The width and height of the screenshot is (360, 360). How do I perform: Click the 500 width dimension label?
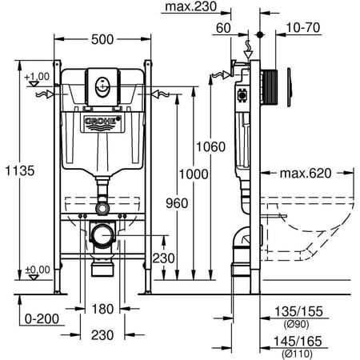(x=102, y=40)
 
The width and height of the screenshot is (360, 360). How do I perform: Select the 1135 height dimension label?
(x=20, y=170)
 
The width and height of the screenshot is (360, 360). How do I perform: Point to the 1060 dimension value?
(x=211, y=147)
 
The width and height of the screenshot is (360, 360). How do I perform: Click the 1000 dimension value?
(x=194, y=174)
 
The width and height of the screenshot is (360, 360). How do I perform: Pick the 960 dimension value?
(x=177, y=203)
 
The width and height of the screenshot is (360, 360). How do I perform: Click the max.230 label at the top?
(x=190, y=6)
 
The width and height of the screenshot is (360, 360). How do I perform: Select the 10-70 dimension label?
(x=303, y=28)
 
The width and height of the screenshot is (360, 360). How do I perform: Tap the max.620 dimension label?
(x=306, y=174)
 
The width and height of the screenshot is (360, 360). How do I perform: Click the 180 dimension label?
(x=102, y=310)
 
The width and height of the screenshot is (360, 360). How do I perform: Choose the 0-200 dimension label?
(x=42, y=319)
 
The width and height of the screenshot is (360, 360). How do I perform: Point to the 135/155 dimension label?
(x=298, y=311)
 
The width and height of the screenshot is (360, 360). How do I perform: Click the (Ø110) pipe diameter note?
(x=297, y=354)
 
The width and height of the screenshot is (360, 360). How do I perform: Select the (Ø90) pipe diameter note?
(x=297, y=324)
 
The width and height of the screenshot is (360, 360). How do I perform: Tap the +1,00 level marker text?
(x=37, y=77)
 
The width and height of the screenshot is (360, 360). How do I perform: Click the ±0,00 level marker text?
(x=38, y=270)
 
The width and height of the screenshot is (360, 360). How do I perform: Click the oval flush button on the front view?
(x=102, y=87)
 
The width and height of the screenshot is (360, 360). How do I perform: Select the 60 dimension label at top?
(x=223, y=28)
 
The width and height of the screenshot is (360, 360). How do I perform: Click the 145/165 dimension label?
(x=298, y=342)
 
